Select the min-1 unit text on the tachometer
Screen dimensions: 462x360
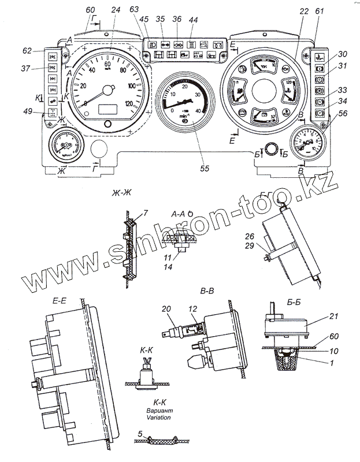[185, 117]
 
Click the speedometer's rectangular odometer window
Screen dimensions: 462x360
[108, 109]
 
